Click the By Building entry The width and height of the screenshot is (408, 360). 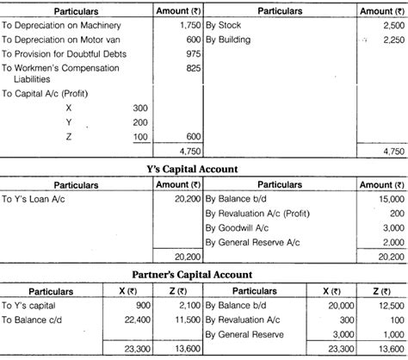234,40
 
